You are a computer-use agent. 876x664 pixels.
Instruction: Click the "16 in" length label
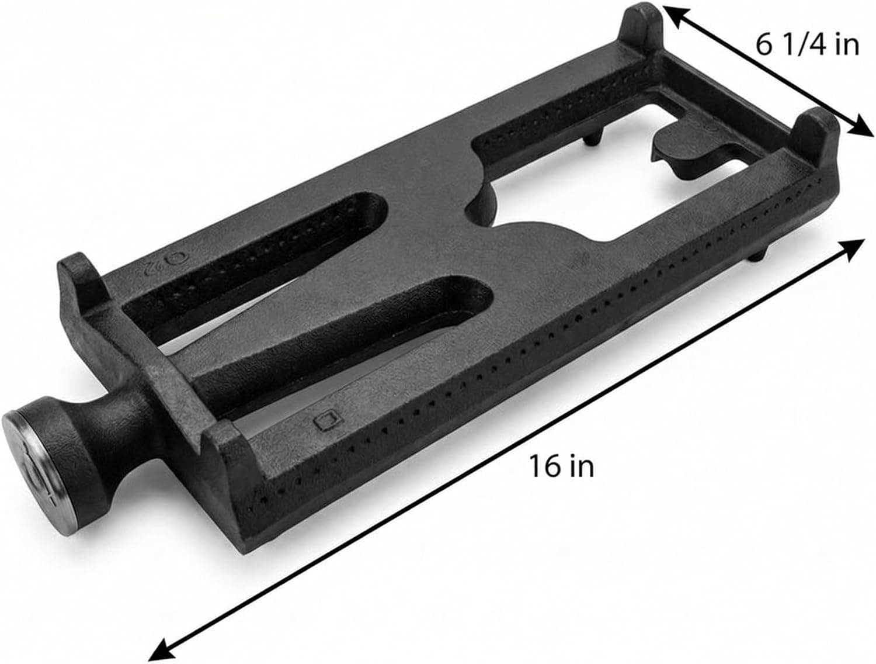[x=561, y=466]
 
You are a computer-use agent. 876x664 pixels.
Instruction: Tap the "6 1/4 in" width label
[x=808, y=46]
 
